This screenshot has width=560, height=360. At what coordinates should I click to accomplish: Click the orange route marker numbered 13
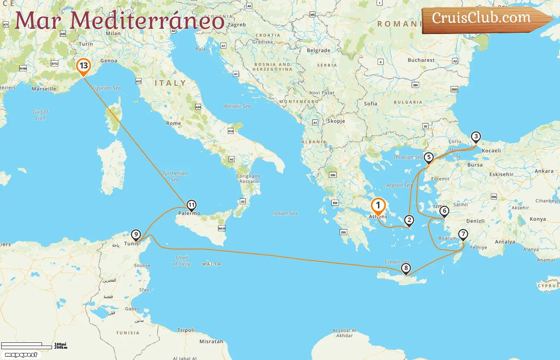tap(84, 66)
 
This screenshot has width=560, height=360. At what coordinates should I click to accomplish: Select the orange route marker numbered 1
tap(378, 206)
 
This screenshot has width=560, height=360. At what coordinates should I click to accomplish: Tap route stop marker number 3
tap(476, 137)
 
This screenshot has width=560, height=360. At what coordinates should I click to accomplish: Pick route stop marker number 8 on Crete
tap(406, 268)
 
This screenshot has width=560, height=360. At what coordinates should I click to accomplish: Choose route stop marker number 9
tap(136, 235)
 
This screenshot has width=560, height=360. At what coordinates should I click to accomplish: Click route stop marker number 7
tap(463, 234)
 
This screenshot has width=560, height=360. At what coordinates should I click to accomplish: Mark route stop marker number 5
tap(429, 158)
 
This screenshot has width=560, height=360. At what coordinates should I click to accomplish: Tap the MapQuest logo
tap(21, 355)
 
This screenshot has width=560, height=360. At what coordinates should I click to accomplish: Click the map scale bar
tap(27, 346)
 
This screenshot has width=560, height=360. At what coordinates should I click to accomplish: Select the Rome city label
tap(174, 123)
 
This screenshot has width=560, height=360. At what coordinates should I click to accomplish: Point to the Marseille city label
tap(44, 89)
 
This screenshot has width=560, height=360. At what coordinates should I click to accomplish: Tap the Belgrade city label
tap(318, 50)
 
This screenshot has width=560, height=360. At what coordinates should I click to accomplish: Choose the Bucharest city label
tap(421, 60)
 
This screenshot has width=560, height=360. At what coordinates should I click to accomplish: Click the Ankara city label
tap(544, 171)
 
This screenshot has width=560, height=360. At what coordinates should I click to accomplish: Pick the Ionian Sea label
tap(285, 213)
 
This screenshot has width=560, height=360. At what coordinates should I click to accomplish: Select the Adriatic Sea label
tap(237, 106)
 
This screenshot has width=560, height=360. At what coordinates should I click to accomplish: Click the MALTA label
tap(211, 264)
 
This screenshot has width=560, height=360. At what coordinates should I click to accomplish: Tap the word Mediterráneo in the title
tap(147, 21)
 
